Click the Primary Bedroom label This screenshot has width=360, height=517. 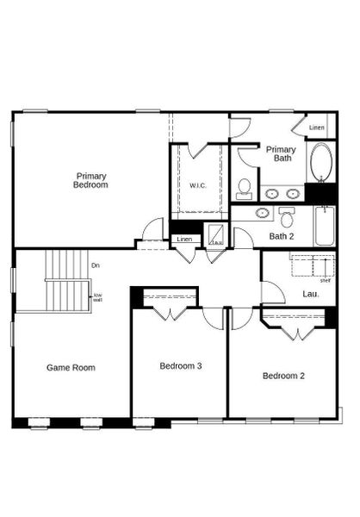[90, 180]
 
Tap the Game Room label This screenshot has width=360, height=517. [71, 368]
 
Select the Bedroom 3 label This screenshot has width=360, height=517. [181, 366]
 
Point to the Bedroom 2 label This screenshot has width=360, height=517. [283, 376]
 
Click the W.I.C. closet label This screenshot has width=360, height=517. [198, 186]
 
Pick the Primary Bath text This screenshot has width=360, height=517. [280, 154]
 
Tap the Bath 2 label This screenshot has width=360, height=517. [282, 235]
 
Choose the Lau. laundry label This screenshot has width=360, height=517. [311, 295]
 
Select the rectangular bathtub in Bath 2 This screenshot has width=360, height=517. [325, 226]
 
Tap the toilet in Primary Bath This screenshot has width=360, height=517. [245, 187]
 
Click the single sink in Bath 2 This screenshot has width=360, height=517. [262, 212]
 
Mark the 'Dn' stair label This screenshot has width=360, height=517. [95, 265]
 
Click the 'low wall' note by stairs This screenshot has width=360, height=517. [97, 297]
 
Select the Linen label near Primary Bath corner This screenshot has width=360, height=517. [317, 128]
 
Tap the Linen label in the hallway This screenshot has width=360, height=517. [184, 239]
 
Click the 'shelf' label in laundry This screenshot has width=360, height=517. [324, 280]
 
